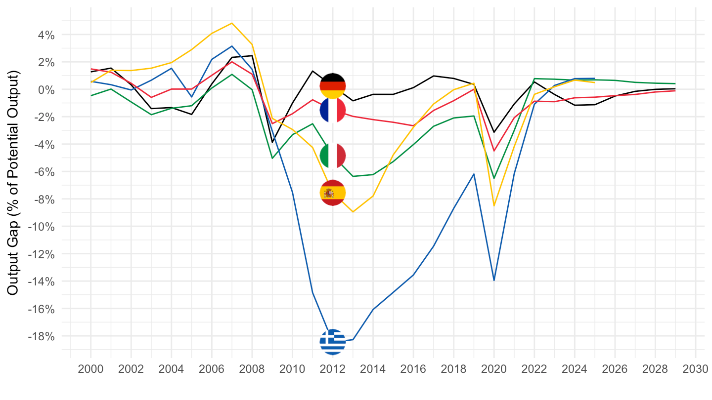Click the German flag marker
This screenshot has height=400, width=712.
click(333, 86)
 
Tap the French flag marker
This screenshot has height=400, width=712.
click(333, 110)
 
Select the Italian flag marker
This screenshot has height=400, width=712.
click(333, 156)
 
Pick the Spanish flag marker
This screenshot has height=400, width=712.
click(333, 193)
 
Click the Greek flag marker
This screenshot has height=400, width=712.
click(333, 342)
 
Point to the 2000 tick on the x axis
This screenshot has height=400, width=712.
click(90, 369)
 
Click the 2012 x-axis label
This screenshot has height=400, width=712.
click(333, 369)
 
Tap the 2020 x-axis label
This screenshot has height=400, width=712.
click(494, 369)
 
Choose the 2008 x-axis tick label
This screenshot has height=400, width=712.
click(252, 369)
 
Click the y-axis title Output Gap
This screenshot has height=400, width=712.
click(13, 183)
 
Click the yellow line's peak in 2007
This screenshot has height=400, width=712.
click(232, 23)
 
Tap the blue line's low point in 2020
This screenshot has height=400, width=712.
click(494, 280)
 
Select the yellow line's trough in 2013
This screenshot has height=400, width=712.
click(353, 212)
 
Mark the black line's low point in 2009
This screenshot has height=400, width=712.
click(272, 142)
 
